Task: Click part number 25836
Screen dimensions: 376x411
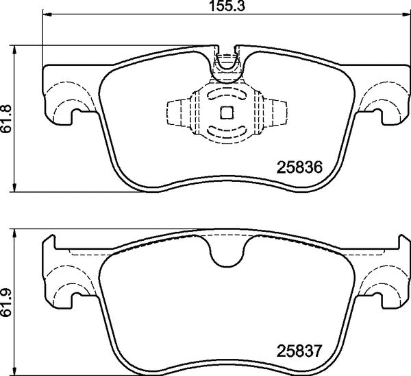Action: tap(299, 167)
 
